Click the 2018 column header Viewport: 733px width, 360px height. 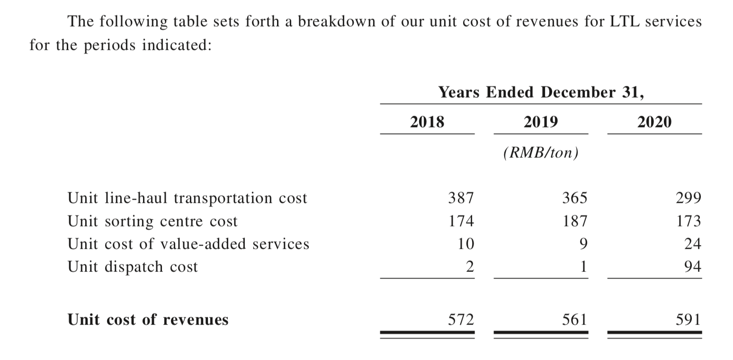(427, 122)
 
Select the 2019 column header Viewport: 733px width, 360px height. (541, 122)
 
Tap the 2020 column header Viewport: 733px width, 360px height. (654, 122)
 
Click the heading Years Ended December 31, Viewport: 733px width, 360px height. (541, 92)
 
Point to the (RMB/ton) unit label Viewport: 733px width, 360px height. (541, 153)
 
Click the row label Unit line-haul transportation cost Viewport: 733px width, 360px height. (187, 198)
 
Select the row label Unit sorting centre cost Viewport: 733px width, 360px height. (152, 221)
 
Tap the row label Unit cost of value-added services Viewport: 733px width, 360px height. (188, 244)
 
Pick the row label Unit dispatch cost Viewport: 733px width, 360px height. (133, 267)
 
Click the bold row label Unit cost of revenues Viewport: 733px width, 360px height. (148, 319)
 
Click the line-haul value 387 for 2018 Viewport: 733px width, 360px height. (461, 198)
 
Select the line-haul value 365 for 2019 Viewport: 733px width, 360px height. (575, 198)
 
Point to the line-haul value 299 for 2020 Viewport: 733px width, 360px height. (688, 198)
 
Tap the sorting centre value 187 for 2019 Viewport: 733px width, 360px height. (575, 221)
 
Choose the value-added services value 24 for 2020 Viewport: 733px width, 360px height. (693, 244)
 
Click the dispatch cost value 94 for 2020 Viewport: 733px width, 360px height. (693, 267)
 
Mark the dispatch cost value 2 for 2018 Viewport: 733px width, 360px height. (470, 267)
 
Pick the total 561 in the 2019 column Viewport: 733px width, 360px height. (575, 319)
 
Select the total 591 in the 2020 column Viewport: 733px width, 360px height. (688, 319)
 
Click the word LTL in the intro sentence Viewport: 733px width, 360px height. (624, 22)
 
